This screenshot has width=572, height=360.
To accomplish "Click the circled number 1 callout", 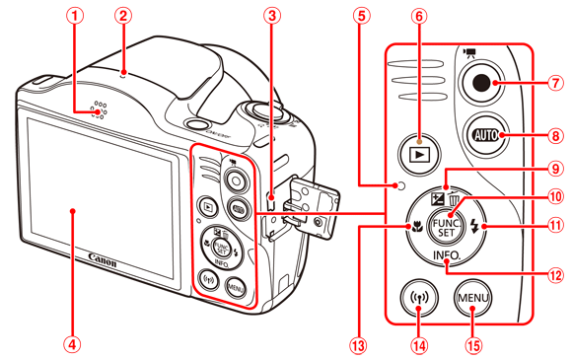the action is (76, 16).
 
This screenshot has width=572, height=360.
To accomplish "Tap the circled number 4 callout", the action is (73, 344).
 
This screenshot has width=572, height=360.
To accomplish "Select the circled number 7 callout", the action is (555, 83).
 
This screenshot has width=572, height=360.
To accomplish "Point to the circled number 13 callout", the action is (359, 345).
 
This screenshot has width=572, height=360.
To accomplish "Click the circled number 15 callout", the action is (473, 345).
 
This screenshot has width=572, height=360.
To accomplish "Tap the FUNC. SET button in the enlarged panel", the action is (447, 227).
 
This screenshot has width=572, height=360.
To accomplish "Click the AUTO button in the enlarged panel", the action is (485, 135).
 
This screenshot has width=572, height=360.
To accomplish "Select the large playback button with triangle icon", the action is (419, 154).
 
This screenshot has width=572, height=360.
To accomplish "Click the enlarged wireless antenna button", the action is (419, 298).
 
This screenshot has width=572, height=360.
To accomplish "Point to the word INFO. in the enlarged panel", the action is (447, 254).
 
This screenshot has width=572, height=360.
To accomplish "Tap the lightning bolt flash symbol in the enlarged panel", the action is (474, 226).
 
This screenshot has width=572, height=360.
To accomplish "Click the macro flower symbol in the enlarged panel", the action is (417, 227).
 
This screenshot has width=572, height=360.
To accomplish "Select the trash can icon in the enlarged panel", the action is (455, 199).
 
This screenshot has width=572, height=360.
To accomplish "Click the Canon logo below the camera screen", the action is (103, 259).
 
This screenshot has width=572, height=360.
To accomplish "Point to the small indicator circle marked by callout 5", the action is (400, 186).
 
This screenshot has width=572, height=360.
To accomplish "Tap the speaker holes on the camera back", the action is (99, 109).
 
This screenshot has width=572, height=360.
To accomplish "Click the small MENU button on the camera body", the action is (236, 288).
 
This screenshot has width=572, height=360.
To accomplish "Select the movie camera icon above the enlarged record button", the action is (467, 53).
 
